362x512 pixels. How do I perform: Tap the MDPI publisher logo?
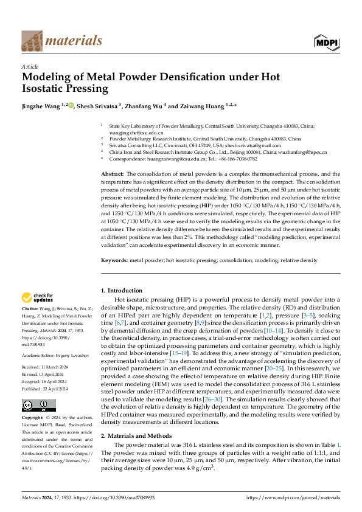[x=327, y=41]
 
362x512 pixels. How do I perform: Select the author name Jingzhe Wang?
[x=41, y=106]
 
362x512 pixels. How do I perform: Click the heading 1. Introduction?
[x=122, y=291]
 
